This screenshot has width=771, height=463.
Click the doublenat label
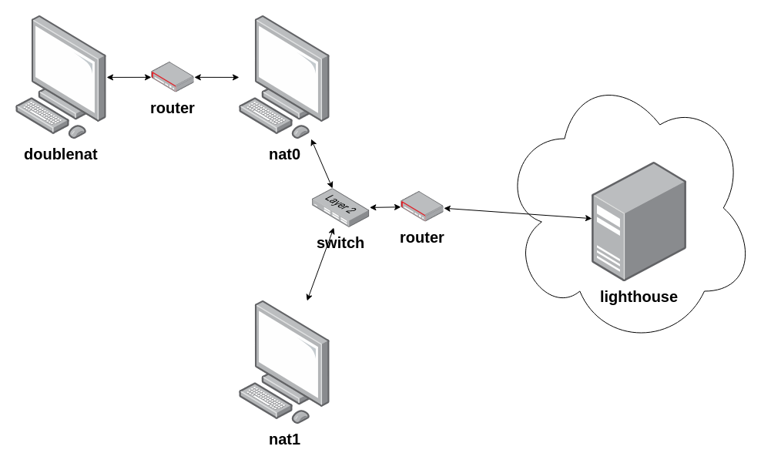click(x=61, y=154)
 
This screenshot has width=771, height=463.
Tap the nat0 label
click(x=284, y=154)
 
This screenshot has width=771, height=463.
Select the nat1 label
click(x=284, y=440)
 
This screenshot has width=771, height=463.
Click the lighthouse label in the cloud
click(x=639, y=297)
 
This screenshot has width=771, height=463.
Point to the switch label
click(x=340, y=243)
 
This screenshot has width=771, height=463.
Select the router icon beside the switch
click(x=421, y=205)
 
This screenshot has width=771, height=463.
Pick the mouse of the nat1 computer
click(x=300, y=416)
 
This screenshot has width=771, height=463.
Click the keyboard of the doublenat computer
click(x=43, y=115)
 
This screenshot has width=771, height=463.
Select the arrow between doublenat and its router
click(x=129, y=77)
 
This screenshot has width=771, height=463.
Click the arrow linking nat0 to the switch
click(x=322, y=163)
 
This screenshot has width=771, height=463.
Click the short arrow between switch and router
click(x=384, y=206)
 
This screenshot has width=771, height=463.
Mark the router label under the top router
click(x=172, y=109)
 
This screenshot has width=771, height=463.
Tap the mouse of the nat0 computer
click(x=300, y=130)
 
